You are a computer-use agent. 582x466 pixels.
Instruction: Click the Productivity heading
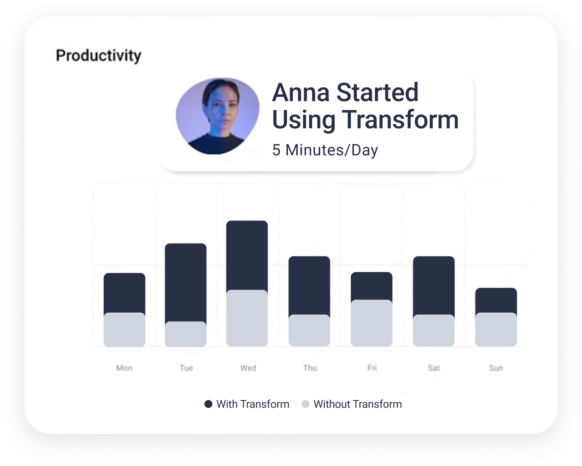point(99,56)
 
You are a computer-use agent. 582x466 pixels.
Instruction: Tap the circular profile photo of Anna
point(218,116)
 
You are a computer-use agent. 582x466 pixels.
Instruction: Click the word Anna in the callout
point(301,92)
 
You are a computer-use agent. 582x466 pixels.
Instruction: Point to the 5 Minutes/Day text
point(325,150)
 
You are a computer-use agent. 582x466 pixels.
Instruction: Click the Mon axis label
point(124,368)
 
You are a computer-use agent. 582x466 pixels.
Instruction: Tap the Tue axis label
point(186,368)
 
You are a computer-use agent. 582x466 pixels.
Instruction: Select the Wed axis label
point(248,368)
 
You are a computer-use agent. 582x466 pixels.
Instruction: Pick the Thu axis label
point(310,368)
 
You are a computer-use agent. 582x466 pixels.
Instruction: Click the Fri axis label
point(372,368)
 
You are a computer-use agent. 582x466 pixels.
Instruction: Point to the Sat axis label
point(434,368)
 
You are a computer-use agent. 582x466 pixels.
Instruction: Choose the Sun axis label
point(496,368)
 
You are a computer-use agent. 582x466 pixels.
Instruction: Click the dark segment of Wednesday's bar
point(247,255)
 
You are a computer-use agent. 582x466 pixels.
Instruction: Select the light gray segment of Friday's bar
point(371,323)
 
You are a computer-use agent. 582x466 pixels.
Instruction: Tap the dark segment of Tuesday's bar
point(186,282)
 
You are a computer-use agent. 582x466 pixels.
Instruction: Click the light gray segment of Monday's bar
point(124,330)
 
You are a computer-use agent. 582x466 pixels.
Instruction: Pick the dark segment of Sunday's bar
point(496,301)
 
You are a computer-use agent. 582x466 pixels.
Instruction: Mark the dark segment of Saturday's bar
point(434,286)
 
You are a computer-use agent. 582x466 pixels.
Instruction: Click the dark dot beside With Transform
point(209,404)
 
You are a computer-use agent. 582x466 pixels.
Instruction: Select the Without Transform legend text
point(358,404)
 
